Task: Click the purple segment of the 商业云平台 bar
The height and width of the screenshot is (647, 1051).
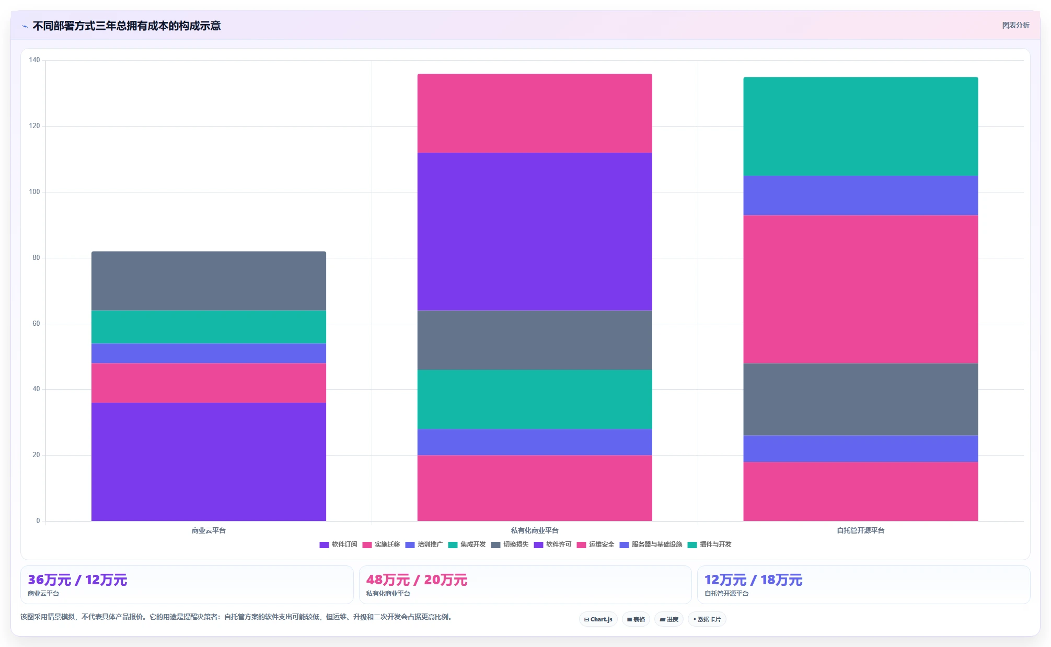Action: point(209,461)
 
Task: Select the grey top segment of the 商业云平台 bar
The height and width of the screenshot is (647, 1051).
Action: point(209,281)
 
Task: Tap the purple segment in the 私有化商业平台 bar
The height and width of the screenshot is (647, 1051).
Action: point(535,231)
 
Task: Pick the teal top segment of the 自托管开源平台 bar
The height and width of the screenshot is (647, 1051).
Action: point(861,127)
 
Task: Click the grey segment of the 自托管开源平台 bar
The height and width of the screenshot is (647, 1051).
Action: point(861,399)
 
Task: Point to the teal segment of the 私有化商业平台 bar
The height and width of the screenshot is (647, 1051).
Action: point(535,399)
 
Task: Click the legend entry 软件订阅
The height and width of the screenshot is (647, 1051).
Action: point(338,544)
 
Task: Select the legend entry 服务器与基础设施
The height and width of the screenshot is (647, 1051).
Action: point(651,544)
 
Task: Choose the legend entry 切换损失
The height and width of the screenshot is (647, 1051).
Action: point(510,544)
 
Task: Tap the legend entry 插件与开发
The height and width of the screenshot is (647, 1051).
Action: point(709,544)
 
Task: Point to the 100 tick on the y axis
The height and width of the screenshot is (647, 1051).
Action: point(34,192)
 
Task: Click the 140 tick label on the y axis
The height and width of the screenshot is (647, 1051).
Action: point(34,60)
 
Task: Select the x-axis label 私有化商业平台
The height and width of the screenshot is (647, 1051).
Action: point(535,530)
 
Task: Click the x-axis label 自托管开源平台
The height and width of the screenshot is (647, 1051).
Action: point(861,530)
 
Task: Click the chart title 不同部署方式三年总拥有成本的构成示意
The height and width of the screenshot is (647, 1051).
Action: point(126,26)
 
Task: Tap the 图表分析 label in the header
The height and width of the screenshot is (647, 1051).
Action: point(1015,25)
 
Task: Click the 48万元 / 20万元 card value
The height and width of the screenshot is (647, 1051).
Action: point(417,580)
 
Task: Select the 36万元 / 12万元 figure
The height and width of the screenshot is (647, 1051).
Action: point(77,580)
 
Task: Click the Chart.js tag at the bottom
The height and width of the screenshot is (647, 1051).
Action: point(598,619)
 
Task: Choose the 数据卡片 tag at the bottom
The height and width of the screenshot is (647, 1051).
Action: point(707,619)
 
